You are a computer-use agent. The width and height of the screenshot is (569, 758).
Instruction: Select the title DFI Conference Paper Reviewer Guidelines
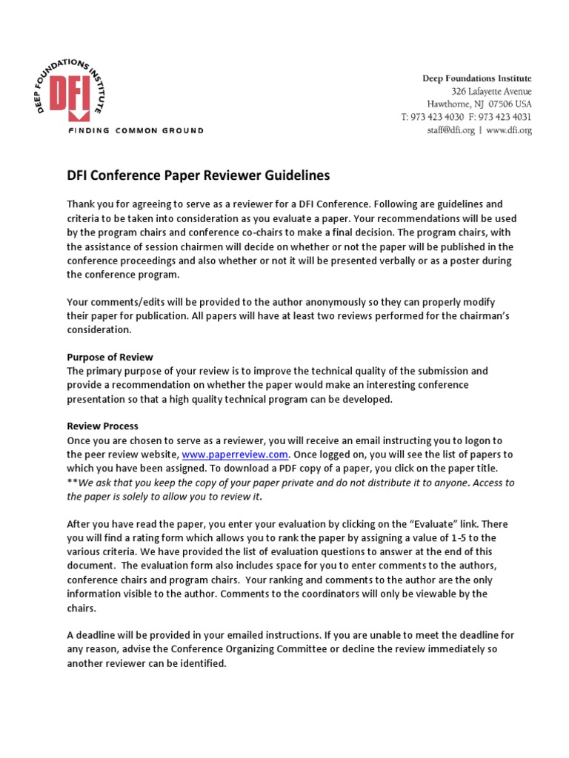coord(198,175)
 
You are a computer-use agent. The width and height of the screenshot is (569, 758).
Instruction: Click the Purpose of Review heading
coord(110,357)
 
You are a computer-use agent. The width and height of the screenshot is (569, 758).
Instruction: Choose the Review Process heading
coord(102,426)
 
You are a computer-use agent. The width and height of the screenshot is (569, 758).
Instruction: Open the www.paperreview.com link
coord(236,455)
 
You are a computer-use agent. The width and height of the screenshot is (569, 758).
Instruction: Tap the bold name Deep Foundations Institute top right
coord(476,78)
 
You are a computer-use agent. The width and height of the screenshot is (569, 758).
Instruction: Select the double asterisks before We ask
coord(72,483)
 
